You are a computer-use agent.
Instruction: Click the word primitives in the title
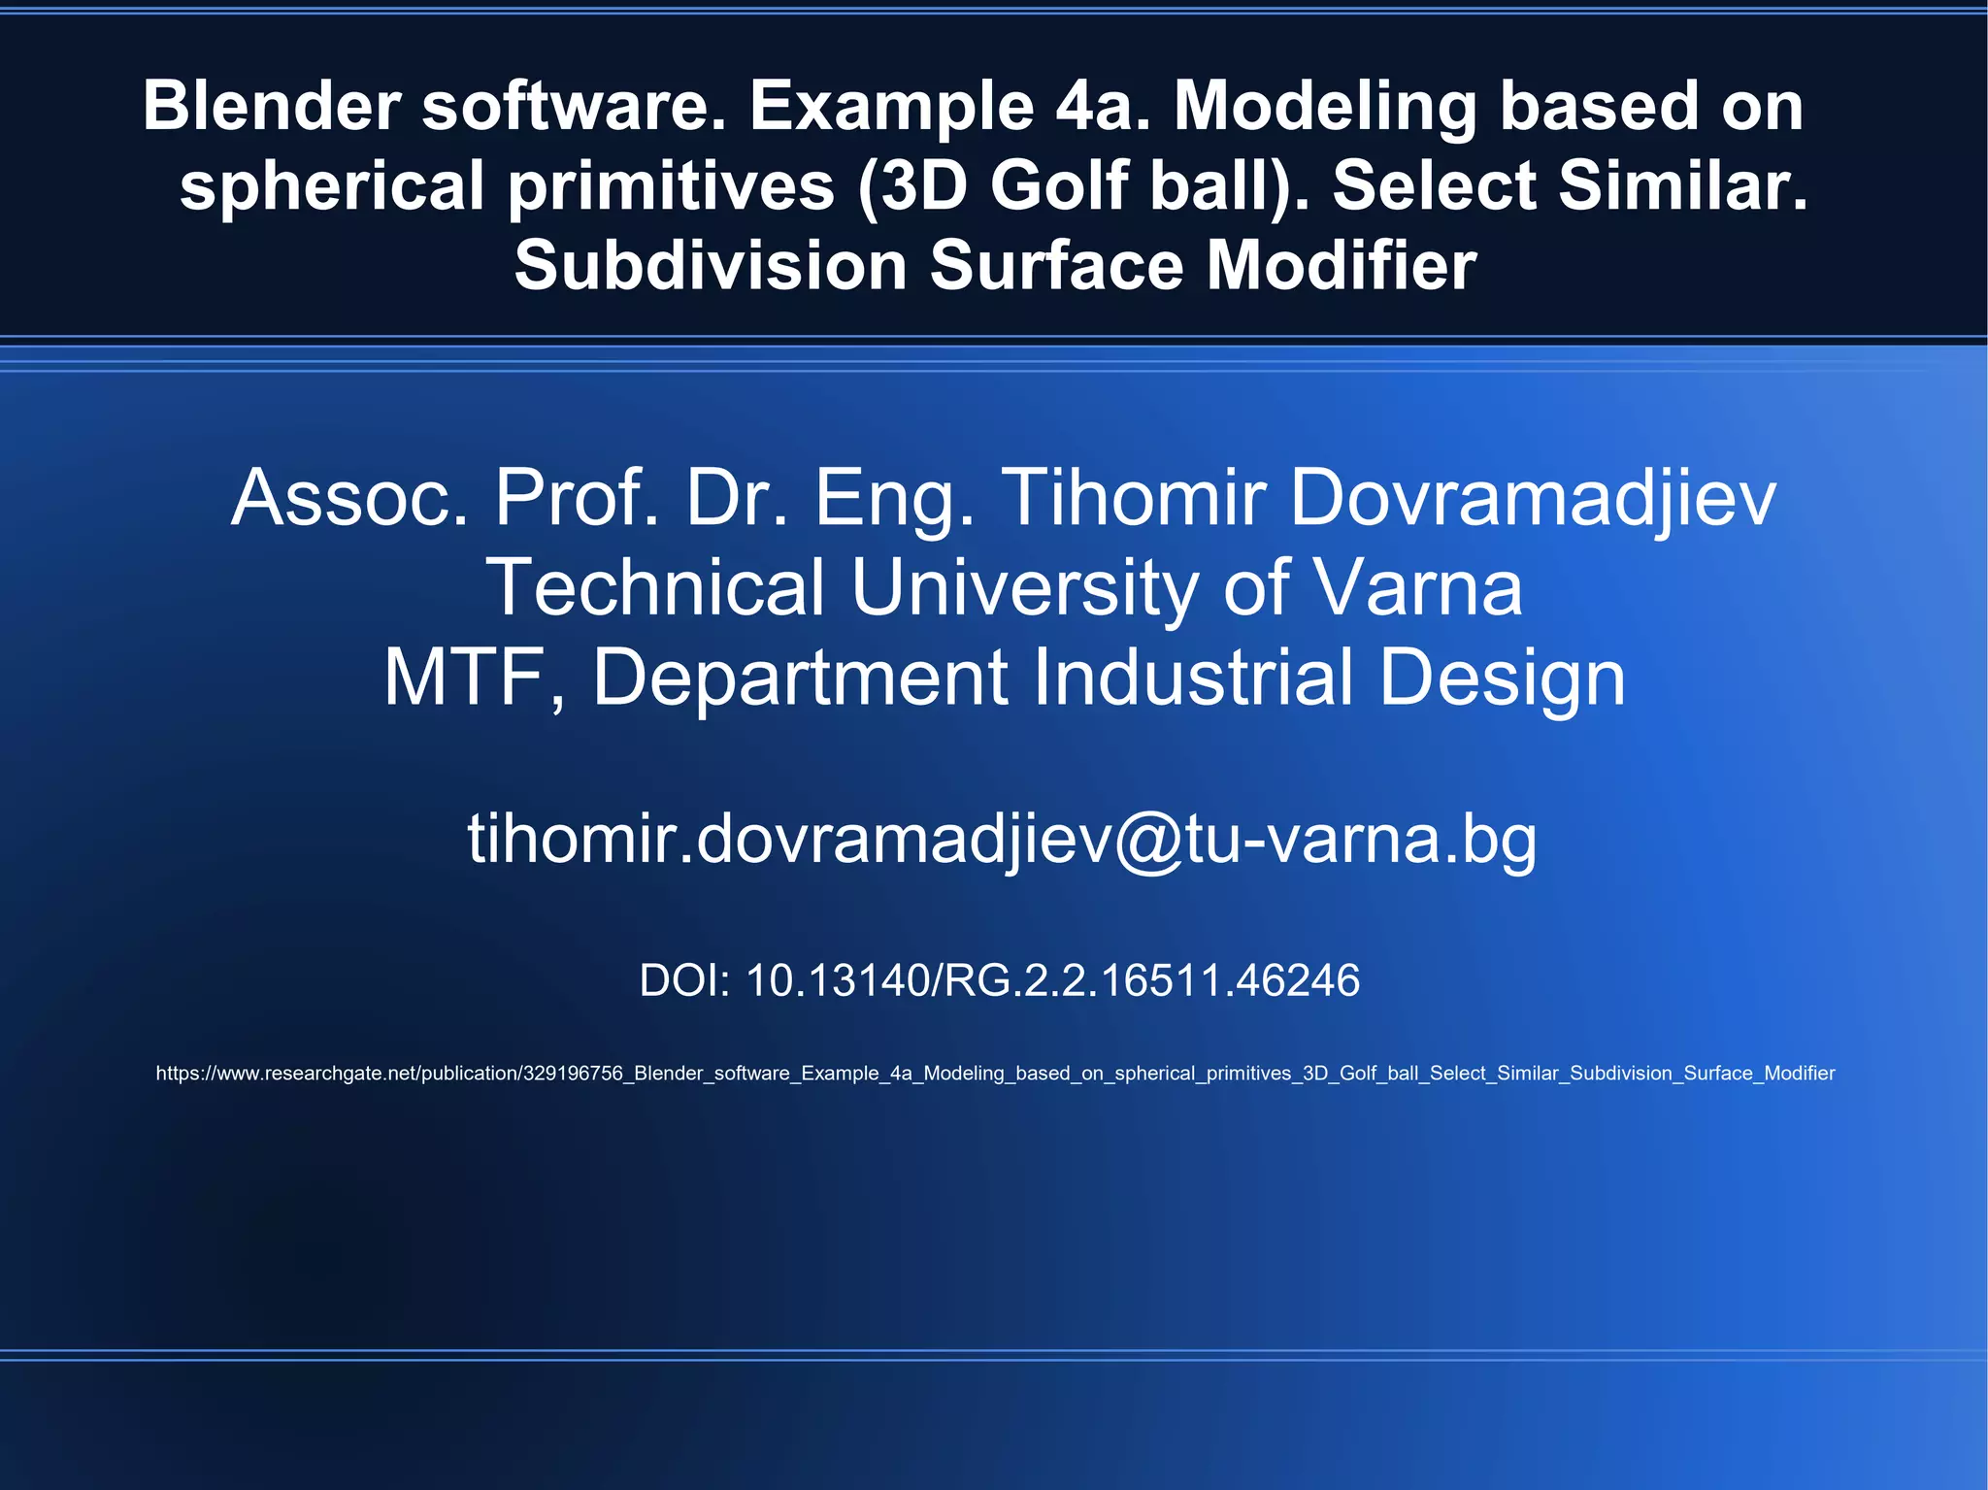pos(671,185)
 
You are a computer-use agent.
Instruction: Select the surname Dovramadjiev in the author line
pos(1533,498)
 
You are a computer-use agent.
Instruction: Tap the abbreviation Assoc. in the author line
pos(349,498)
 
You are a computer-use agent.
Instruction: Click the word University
pos(1024,587)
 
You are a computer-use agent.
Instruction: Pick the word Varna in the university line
pos(1417,587)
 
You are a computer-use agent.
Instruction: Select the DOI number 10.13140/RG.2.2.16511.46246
pos(1052,980)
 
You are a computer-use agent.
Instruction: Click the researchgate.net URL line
pos(995,1074)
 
